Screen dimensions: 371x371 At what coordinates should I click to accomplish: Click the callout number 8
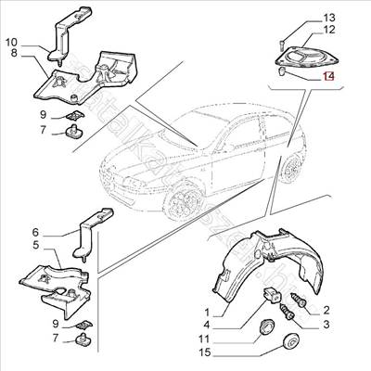pos(14,54)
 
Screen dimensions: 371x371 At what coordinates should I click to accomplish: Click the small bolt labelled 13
pos(281,42)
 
